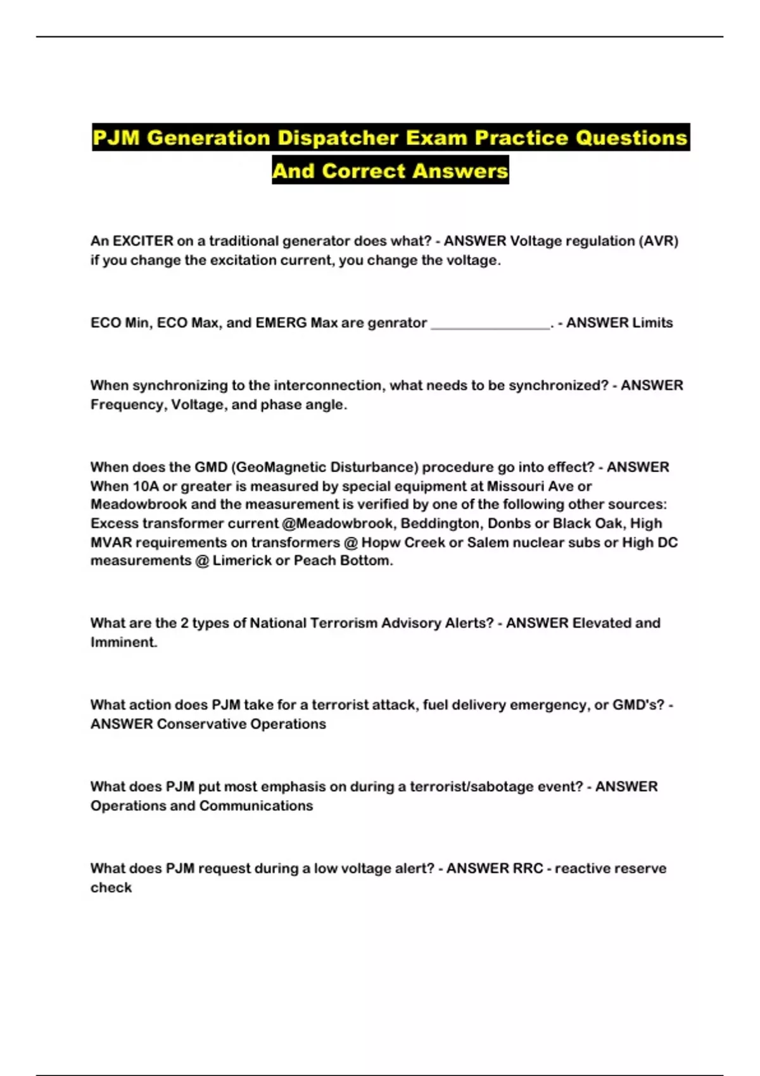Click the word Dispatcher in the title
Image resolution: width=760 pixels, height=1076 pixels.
337,138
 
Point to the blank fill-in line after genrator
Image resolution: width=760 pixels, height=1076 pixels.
490,324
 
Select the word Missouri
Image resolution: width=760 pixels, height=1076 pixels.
514,486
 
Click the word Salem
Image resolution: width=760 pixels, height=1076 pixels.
488,542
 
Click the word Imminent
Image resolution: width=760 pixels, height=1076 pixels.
123,642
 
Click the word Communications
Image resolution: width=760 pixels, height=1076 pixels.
256,806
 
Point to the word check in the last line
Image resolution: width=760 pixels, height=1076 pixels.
111,887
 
